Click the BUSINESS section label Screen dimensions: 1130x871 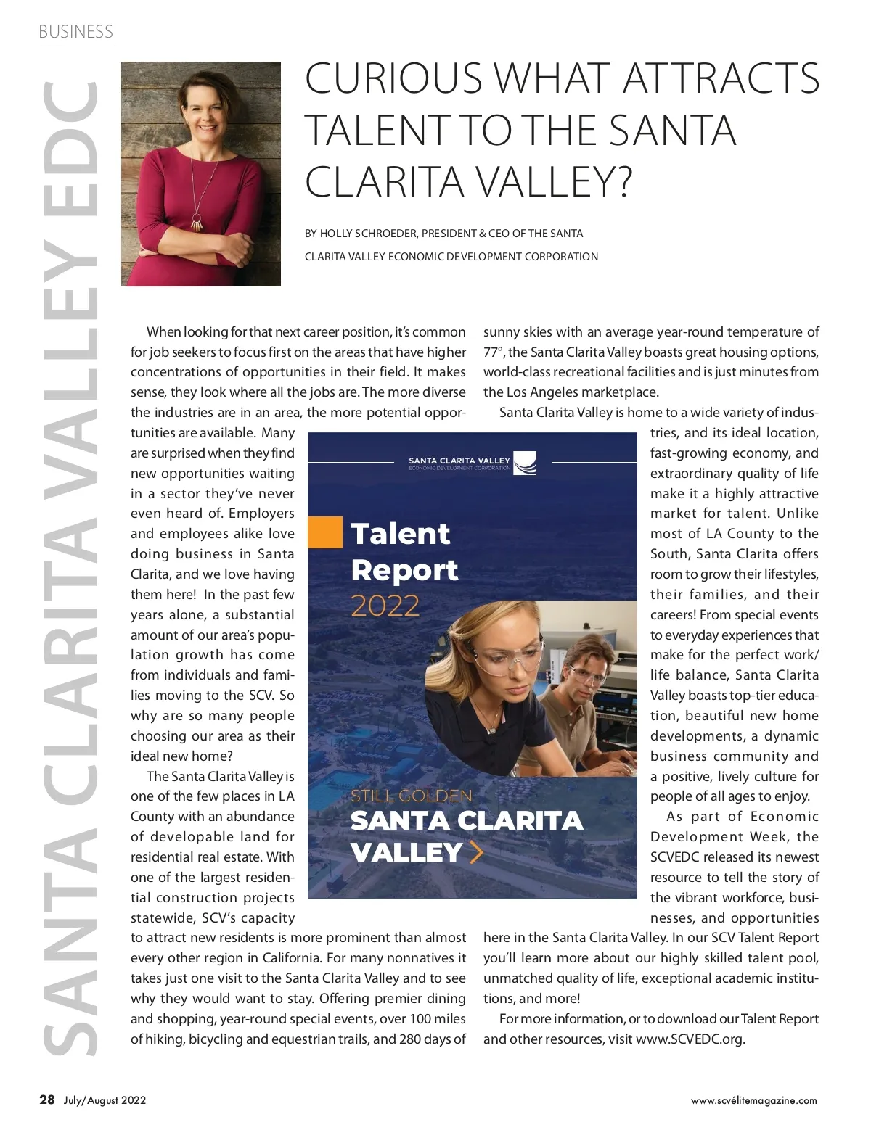[75, 31]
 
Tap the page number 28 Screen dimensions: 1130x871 [47, 1100]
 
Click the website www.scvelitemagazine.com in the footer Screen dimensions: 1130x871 [753, 1100]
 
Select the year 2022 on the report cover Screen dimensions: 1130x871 [385, 606]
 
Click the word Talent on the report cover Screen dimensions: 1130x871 [401, 534]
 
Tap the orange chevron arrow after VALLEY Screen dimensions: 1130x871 [476, 852]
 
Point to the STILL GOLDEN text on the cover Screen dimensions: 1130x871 [411, 796]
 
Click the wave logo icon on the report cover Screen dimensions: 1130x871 [526, 463]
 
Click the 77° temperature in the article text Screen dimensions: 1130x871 [494, 352]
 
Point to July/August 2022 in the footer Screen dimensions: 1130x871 [105, 1100]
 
